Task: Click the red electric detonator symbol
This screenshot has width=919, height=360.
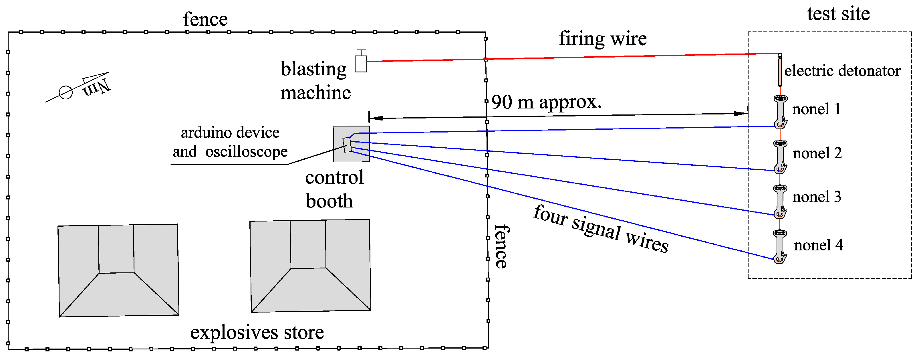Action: pyautogui.click(x=780, y=71)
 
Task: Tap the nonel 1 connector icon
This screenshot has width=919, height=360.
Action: pyautogui.click(x=780, y=111)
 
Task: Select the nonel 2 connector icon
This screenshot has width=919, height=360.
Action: pyautogui.click(x=780, y=156)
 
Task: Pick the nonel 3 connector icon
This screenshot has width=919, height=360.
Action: pyautogui.click(x=780, y=201)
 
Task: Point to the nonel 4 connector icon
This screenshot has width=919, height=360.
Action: pyautogui.click(x=780, y=246)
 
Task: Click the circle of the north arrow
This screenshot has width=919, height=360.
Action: pyautogui.click(x=66, y=92)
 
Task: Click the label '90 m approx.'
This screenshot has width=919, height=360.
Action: pyautogui.click(x=546, y=102)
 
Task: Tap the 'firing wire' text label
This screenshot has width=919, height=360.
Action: pyautogui.click(x=603, y=39)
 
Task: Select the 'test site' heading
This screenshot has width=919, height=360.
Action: pyautogui.click(x=838, y=14)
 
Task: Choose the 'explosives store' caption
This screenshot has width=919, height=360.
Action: pyautogui.click(x=257, y=332)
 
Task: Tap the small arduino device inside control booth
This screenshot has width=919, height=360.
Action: pyautogui.click(x=347, y=145)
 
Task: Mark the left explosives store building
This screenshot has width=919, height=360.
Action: pyautogui.click(x=118, y=270)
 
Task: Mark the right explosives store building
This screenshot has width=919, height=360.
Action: pyautogui.click(x=310, y=266)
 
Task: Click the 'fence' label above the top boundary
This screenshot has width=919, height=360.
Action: pyautogui.click(x=205, y=19)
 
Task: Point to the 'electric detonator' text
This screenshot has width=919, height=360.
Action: pyautogui.click(x=842, y=71)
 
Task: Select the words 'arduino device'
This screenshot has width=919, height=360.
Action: pyautogui.click(x=230, y=133)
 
